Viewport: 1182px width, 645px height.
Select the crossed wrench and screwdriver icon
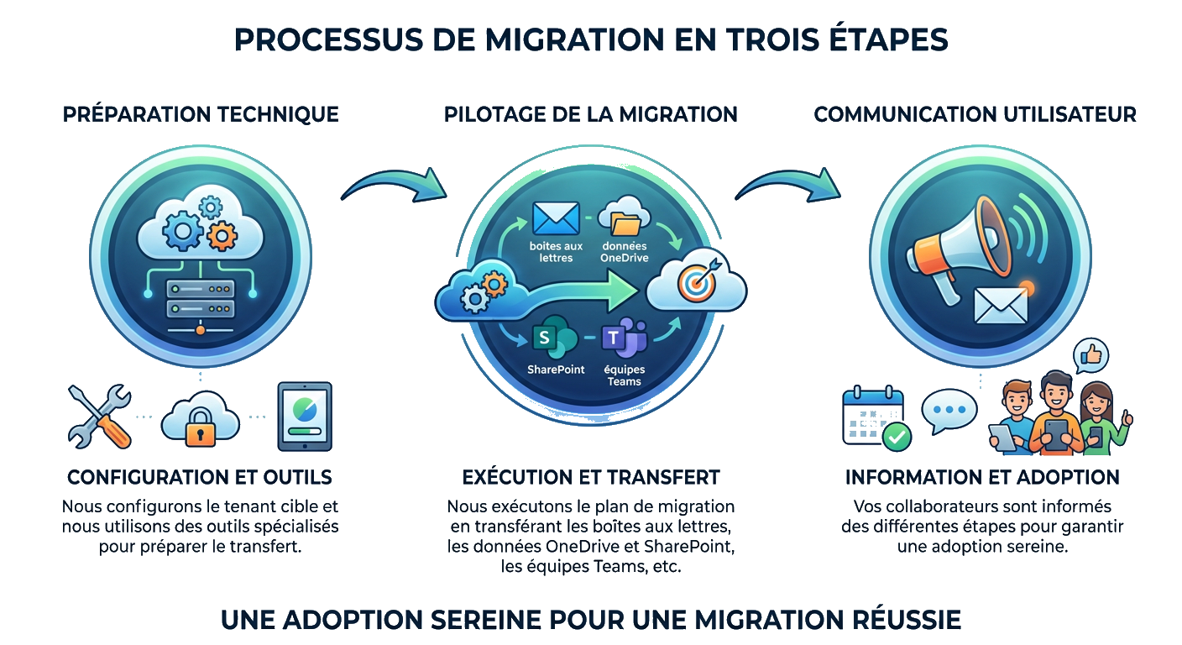point(99,416)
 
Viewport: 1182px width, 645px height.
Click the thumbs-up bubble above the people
point(1090,356)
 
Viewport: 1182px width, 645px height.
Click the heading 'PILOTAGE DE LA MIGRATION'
point(591,114)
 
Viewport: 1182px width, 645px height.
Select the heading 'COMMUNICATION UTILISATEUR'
point(975,114)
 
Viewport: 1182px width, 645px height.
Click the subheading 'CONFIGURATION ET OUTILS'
point(199,477)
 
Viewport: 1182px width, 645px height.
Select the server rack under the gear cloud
point(200,299)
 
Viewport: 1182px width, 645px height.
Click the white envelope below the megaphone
point(1001,305)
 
